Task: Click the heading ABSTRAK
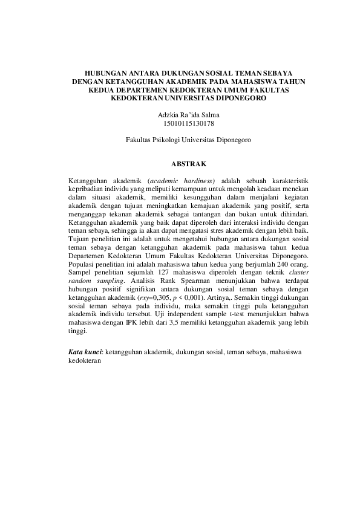(x=189, y=163)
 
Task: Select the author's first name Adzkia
(x=168, y=114)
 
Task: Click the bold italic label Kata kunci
(x=85, y=352)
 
